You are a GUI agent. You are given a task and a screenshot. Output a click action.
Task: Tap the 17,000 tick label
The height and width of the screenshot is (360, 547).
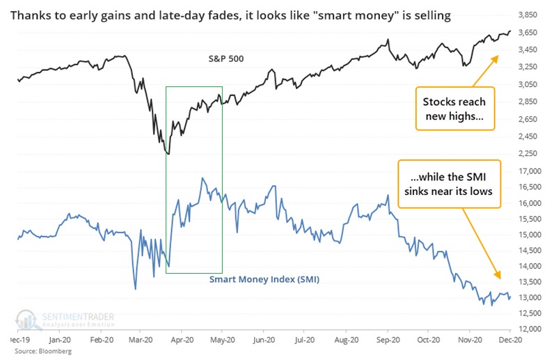tap(530, 171)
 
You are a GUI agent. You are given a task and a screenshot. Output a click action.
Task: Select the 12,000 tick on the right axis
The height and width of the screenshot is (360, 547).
tap(530, 329)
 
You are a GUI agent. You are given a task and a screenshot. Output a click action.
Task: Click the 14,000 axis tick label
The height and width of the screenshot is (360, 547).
tap(530, 266)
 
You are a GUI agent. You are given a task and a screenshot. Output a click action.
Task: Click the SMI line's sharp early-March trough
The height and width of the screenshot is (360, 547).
tap(135, 288)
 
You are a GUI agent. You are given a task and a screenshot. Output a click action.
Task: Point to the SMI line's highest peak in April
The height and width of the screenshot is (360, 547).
tap(203, 178)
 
